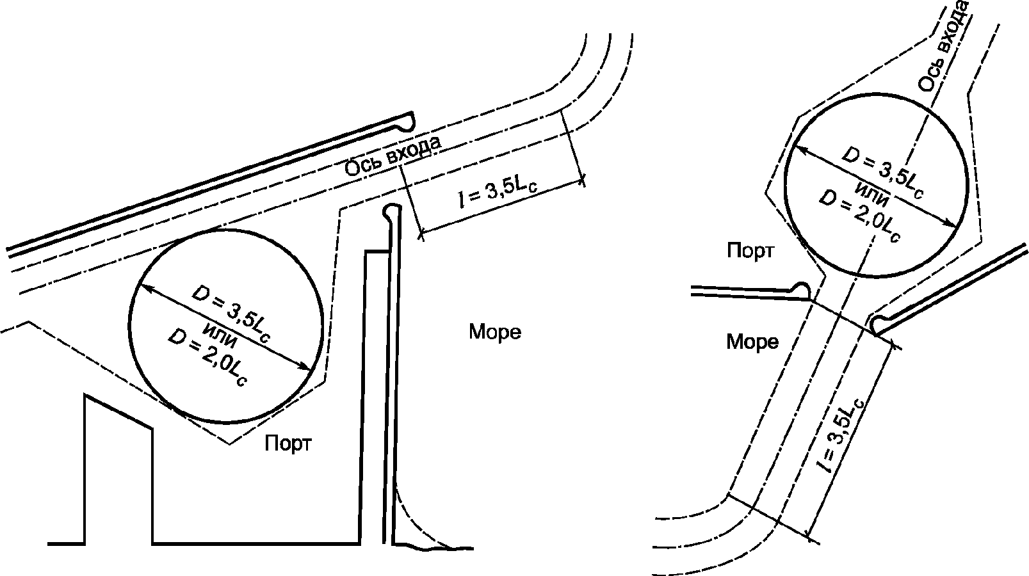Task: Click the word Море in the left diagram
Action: [x=495, y=332]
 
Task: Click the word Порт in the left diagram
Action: [x=288, y=444]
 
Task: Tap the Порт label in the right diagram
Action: [x=750, y=251]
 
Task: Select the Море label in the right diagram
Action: [x=752, y=342]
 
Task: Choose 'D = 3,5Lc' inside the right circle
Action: [x=882, y=173]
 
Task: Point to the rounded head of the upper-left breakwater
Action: [x=405, y=120]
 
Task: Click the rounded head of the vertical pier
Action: [x=392, y=212]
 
